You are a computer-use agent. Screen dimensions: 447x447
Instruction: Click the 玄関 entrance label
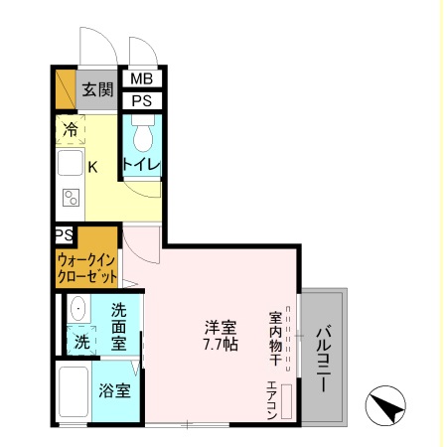(97, 89)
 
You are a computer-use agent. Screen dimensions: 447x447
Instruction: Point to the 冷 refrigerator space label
(71, 128)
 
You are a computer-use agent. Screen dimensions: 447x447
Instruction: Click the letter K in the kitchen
(92, 167)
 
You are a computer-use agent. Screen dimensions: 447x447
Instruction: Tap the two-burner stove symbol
(71, 197)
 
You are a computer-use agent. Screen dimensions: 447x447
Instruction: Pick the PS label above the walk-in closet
(64, 235)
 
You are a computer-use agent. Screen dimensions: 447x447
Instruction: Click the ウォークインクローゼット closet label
(86, 265)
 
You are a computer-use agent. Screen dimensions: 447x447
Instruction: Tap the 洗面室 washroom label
(119, 327)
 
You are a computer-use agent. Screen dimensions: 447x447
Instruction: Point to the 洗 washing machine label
(81, 342)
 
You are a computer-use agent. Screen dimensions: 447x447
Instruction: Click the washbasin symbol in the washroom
(78, 310)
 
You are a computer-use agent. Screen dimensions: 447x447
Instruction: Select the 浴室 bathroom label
(115, 390)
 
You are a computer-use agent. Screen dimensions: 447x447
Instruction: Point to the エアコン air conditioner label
(270, 402)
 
